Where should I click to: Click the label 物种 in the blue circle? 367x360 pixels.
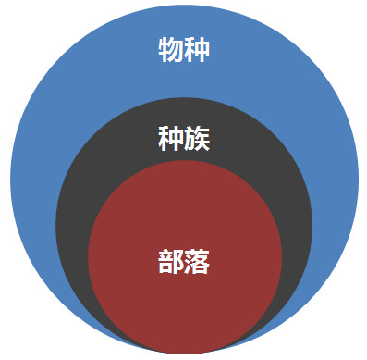click(183, 49)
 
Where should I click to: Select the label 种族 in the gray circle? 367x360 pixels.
click(183, 139)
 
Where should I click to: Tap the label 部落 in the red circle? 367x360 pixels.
click(183, 262)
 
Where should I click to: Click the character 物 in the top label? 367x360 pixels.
click(170, 49)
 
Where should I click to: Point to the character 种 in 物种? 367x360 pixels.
click(196, 49)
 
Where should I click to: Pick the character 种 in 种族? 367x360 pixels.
click(170, 139)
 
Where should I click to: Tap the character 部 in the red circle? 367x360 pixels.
click(170, 262)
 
